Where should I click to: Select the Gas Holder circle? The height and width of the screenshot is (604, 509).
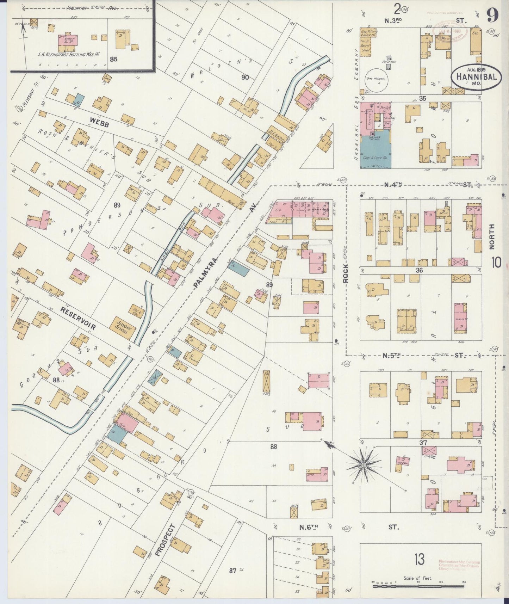coord(377,82)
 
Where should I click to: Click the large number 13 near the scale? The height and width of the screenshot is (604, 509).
coord(419,559)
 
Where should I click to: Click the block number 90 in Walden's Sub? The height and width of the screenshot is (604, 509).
coord(245,77)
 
